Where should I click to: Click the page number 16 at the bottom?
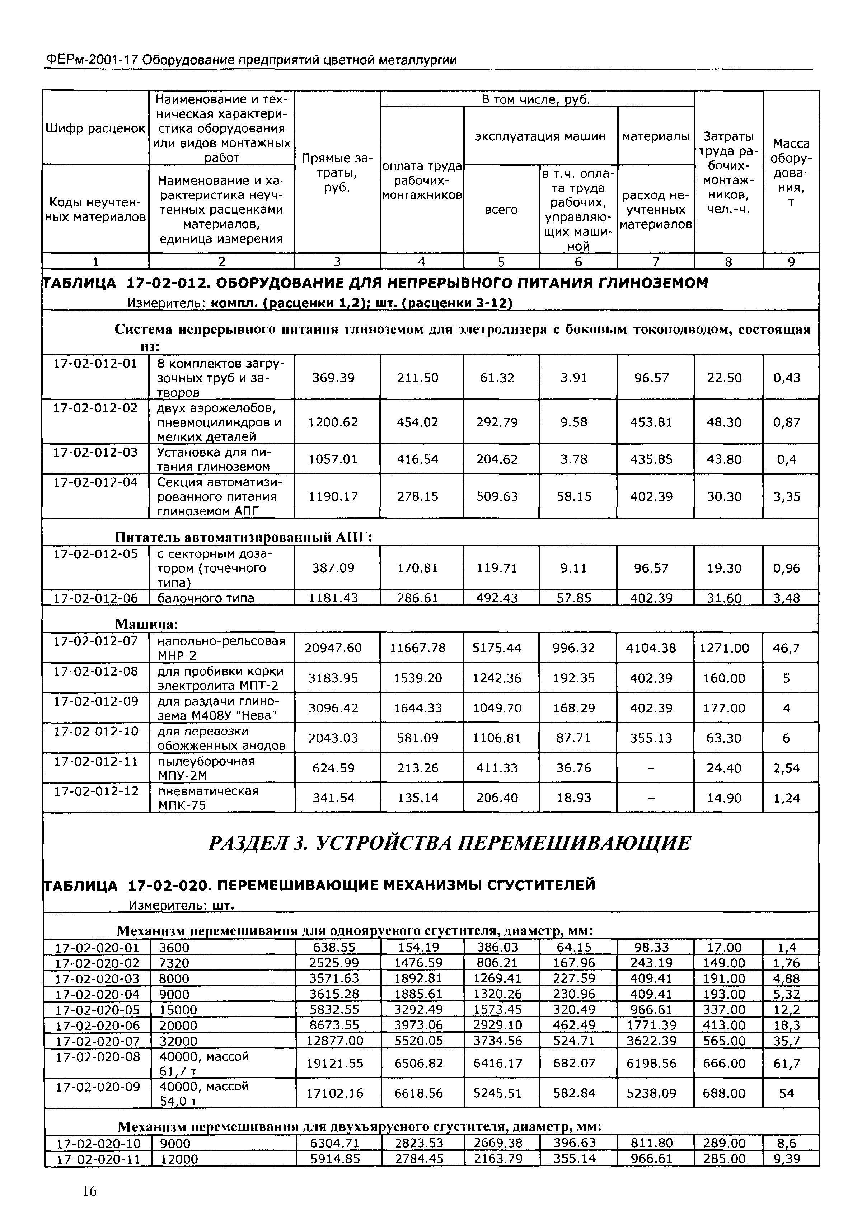pos(89,1191)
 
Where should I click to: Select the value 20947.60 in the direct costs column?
pos(333,648)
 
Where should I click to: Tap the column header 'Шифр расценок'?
pos(96,128)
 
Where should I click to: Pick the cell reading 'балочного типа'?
pos(206,598)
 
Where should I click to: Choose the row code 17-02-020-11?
pos(98,1159)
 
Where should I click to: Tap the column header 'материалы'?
pos(656,136)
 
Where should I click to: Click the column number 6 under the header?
pos(578,261)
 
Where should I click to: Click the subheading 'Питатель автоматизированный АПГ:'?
pos(243,537)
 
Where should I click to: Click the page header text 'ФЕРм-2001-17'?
pos(89,60)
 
